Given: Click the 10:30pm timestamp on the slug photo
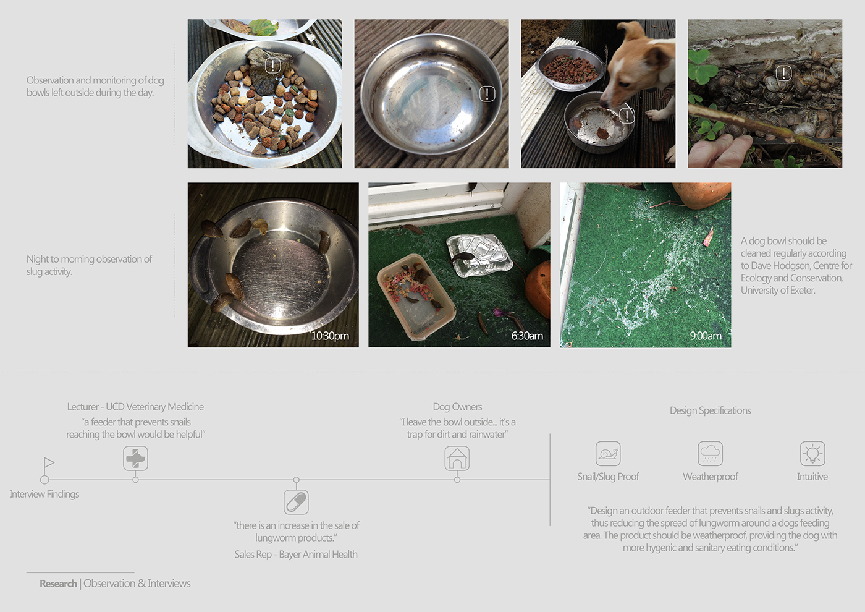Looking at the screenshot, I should tap(330, 336).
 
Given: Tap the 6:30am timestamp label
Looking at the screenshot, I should tap(527, 336).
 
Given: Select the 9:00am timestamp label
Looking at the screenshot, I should tap(706, 336).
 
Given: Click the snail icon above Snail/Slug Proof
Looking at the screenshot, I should tap(608, 454).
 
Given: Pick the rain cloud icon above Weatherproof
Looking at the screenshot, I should tap(710, 454).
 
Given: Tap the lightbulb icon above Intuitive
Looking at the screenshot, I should tap(812, 454).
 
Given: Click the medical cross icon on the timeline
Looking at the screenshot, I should tap(135, 459).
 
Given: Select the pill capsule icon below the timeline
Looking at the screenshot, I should tap(296, 502).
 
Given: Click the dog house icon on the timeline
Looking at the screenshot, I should tap(457, 459).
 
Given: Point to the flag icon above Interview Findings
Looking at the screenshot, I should tap(49, 463).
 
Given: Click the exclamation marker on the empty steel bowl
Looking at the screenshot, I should tap(487, 93).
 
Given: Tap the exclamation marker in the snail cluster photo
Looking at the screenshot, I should tap(783, 73).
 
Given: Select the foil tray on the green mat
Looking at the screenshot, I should tap(479, 255).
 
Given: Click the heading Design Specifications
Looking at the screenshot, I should tap(710, 410).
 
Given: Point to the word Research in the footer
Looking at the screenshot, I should tap(58, 584).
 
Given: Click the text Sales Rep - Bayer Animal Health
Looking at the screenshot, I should tap(296, 555).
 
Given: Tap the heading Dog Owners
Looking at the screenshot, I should tap(457, 407).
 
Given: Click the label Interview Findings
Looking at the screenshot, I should tap(44, 494).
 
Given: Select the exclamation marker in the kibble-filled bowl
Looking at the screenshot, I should tap(272, 65).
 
